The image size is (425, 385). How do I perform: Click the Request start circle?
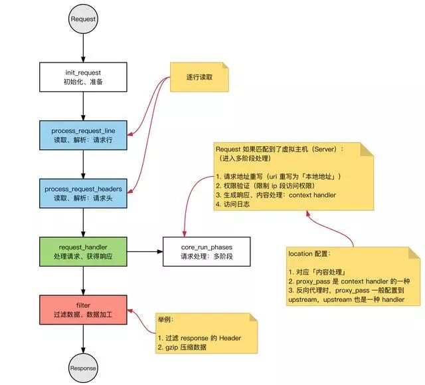click(84, 19)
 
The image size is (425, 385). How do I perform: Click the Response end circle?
click(84, 368)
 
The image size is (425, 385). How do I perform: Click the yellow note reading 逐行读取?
click(199, 78)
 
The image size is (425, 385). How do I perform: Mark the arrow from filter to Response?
click(84, 339)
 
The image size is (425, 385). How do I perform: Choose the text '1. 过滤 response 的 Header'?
click(199, 338)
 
